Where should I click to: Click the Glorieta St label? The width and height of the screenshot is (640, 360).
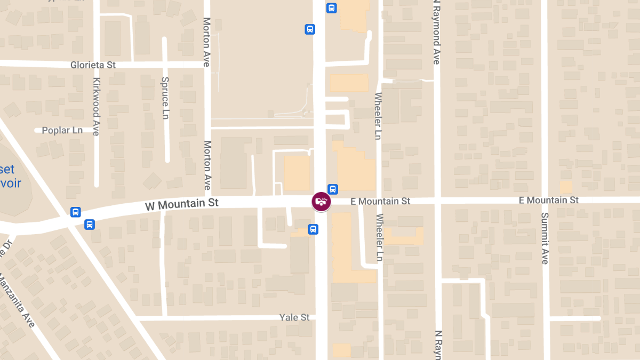93,65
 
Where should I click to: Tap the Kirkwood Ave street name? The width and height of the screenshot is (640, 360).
96,107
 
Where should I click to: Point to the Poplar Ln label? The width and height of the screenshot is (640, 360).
62,130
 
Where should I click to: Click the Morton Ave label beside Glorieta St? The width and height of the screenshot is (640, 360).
206,42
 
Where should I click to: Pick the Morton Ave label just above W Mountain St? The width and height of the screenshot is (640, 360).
207,165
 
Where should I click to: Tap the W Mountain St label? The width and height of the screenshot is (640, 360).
182,203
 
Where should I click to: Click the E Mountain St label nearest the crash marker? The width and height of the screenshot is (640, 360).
380,201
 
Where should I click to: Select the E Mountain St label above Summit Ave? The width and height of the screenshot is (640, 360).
549,200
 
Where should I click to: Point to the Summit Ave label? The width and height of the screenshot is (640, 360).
545,238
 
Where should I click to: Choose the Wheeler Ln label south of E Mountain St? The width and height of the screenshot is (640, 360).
380,237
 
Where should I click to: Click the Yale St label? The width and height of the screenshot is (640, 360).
294,317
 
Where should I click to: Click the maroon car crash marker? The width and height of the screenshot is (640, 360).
321,202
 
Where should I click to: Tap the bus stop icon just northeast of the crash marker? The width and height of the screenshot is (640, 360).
333,189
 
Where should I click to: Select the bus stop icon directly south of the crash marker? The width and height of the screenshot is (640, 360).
313,229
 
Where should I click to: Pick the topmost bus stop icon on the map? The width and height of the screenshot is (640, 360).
332,8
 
